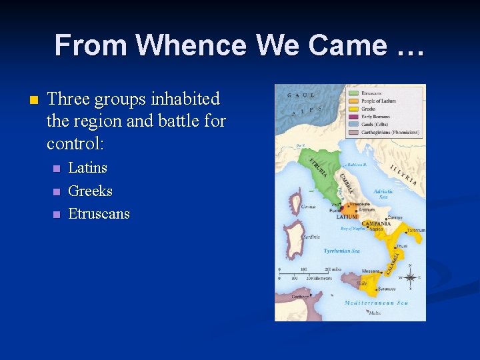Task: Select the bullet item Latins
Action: click(x=87, y=168)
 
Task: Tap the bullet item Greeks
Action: click(x=90, y=191)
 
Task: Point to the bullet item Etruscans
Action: click(x=99, y=214)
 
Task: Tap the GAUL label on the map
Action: click(x=301, y=96)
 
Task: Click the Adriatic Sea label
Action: click(x=383, y=194)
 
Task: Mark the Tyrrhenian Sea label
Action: click(x=341, y=251)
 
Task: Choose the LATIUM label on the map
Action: click(x=347, y=217)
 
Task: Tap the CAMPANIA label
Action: click(x=376, y=223)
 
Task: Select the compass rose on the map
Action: click(x=409, y=278)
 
